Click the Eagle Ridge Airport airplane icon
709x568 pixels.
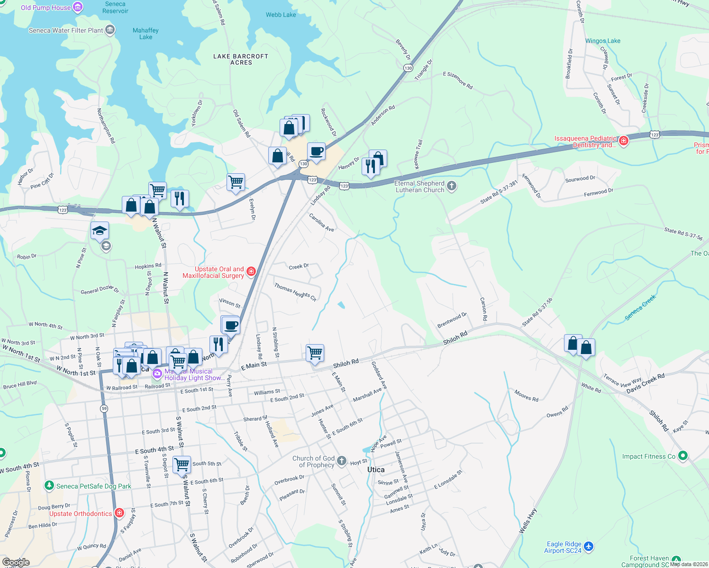(x=589, y=547)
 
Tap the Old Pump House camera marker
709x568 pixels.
(x=78, y=7)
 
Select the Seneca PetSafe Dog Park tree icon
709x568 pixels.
(x=49, y=486)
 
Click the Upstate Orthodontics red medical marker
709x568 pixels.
(x=119, y=513)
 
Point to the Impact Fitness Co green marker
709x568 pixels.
(x=682, y=456)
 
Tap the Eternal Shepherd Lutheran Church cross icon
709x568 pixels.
(x=452, y=186)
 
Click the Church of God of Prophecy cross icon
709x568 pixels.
(x=342, y=461)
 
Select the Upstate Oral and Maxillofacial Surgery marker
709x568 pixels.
(x=251, y=272)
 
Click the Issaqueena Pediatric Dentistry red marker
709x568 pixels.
(x=624, y=141)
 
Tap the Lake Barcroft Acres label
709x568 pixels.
(x=241, y=59)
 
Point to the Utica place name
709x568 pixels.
(x=376, y=470)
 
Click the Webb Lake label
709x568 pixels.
(x=281, y=15)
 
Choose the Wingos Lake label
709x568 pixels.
(x=602, y=41)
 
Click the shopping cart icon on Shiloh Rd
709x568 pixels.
(x=315, y=353)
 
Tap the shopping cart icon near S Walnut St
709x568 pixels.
(x=182, y=464)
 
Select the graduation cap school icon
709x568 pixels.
(x=100, y=231)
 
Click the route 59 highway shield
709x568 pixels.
(x=104, y=408)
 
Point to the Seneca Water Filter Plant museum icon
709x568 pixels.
(x=110, y=30)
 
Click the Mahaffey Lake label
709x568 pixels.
(x=145, y=34)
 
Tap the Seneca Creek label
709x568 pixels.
(x=640, y=308)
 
